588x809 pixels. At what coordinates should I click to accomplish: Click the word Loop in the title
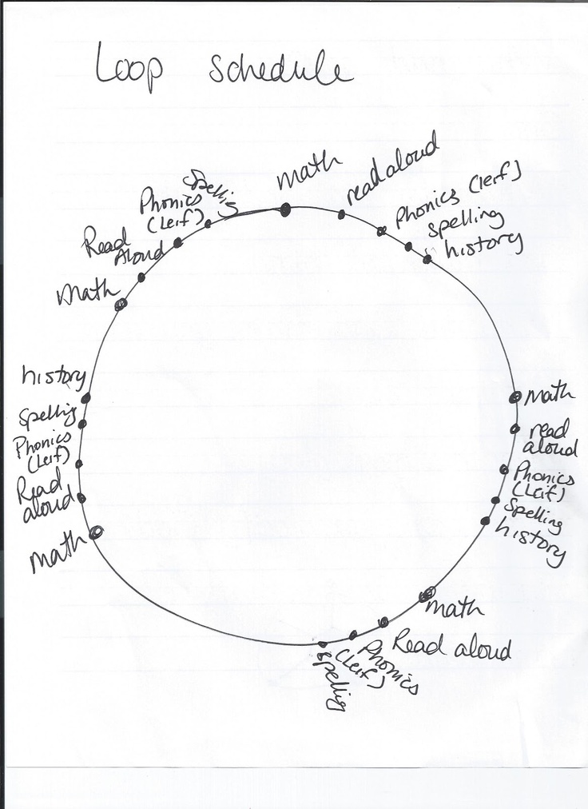click(x=129, y=66)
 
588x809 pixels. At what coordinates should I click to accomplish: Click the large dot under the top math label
click(x=285, y=209)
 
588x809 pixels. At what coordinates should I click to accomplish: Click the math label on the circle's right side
click(x=549, y=395)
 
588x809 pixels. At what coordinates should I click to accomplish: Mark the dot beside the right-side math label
click(x=514, y=397)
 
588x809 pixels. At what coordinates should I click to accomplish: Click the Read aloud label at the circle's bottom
click(x=451, y=644)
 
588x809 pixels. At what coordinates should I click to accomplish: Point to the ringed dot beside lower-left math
click(x=96, y=532)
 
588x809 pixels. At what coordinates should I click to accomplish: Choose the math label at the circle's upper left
click(x=88, y=293)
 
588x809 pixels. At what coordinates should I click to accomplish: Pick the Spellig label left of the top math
click(x=212, y=192)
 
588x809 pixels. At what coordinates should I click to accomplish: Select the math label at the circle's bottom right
click(x=455, y=608)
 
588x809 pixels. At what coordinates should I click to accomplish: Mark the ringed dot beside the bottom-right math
click(x=427, y=594)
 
